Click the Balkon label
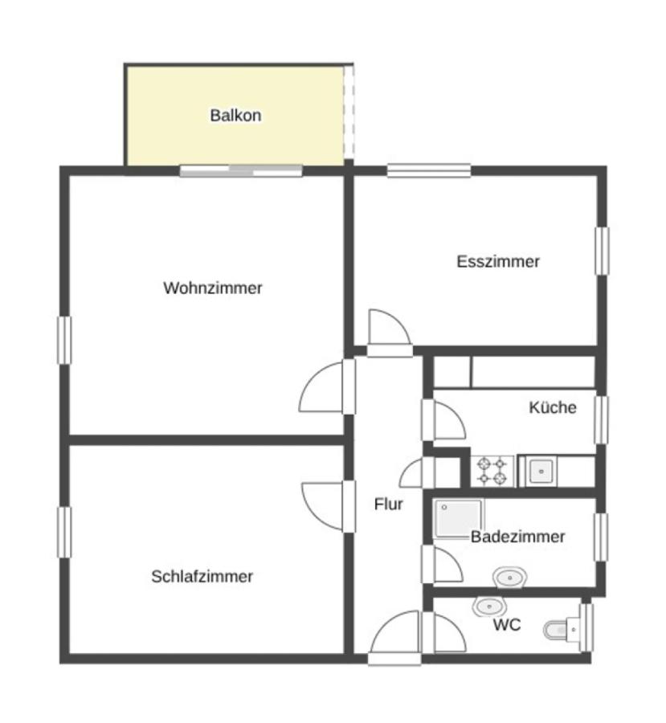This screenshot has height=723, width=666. [235, 115]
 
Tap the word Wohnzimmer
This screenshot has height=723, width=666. [213, 288]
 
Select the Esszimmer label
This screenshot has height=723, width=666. [498, 261]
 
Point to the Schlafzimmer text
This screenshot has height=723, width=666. [202, 576]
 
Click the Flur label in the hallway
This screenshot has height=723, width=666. [388, 504]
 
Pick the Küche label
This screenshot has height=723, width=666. [553, 407]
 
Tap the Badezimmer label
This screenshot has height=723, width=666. [518, 537]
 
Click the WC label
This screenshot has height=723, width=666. [507, 625]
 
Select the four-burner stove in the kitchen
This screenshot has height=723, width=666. [492, 471]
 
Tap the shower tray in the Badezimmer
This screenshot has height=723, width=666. [459, 519]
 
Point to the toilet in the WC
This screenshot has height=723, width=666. [562, 630]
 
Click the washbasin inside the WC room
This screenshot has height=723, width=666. [489, 607]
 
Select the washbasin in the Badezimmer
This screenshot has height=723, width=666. [509, 578]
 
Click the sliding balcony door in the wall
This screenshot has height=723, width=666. [241, 171]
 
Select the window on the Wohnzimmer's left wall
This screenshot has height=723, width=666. [64, 341]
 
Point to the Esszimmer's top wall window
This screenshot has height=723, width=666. [429, 170]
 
